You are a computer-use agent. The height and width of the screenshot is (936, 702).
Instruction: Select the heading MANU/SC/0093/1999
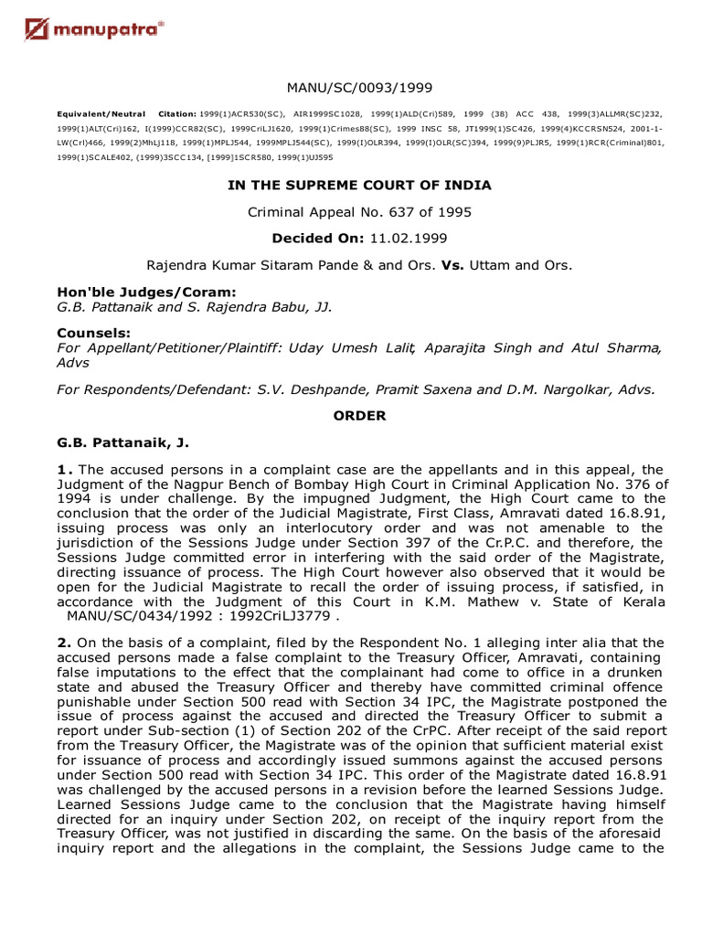[359, 88]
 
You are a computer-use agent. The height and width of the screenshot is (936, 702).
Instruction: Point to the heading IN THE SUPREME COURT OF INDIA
[359, 185]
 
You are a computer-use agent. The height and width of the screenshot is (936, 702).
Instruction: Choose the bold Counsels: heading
[92, 333]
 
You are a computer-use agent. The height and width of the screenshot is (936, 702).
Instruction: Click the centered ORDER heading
[359, 416]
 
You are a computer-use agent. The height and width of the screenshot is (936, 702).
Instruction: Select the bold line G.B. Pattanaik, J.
[122, 442]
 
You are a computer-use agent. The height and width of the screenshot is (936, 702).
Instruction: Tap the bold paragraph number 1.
[62, 470]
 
